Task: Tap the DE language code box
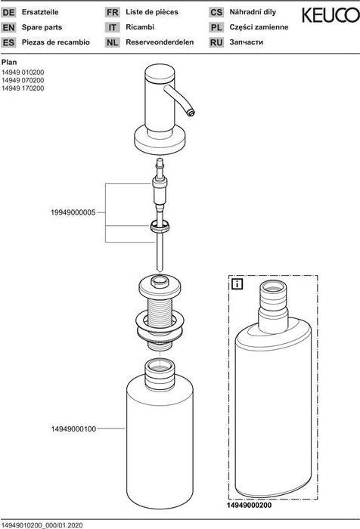pyautogui.click(x=10, y=13)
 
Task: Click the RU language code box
pyautogui.click(x=216, y=42)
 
